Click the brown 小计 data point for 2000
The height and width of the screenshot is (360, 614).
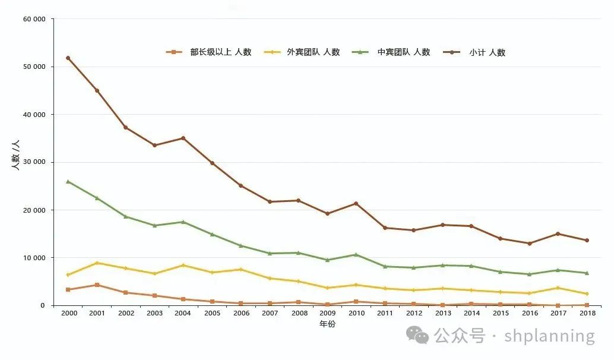(68, 58)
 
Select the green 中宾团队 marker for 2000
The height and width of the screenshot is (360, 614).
(68, 181)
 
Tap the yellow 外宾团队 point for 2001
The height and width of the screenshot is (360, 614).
(97, 263)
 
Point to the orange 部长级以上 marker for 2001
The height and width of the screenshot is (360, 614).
(97, 285)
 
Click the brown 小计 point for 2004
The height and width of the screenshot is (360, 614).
(183, 138)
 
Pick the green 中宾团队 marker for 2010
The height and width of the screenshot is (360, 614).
(356, 254)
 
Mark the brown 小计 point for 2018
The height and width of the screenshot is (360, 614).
(587, 240)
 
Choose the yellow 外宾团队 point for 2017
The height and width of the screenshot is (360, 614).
(558, 288)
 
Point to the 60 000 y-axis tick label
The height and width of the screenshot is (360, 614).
(34, 19)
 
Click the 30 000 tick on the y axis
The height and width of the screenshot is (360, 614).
(34, 162)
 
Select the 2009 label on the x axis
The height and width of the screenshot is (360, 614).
(327, 313)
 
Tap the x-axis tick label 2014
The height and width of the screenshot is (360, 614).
(471, 313)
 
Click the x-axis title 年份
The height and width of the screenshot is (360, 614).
(327, 324)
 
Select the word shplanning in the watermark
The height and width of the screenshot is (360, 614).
(549, 336)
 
